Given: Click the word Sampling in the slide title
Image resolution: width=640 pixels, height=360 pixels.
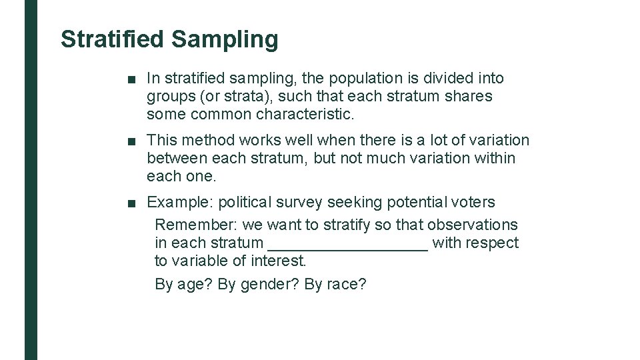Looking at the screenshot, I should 225,39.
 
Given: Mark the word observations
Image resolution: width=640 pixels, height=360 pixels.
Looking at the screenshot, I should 472,225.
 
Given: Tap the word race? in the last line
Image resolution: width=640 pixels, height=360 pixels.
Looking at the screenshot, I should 347,285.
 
